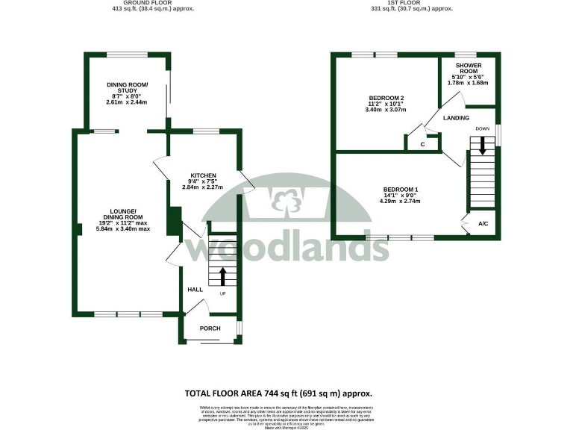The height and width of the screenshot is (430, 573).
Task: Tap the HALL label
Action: coord(195,289)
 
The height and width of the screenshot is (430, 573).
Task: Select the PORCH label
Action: coord(210,328)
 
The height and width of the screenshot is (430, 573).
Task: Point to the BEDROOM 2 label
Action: coord(386,98)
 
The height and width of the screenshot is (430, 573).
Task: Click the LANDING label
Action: coord(456,118)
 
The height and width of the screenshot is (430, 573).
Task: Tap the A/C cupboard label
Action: coord(483,224)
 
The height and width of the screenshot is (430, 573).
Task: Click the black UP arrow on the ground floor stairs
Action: coord(222,276)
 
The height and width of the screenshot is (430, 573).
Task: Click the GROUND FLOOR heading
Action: coord(137,3)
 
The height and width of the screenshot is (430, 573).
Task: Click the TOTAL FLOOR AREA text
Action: coord(278,393)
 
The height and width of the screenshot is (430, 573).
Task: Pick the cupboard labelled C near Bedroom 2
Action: coord(422,144)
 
